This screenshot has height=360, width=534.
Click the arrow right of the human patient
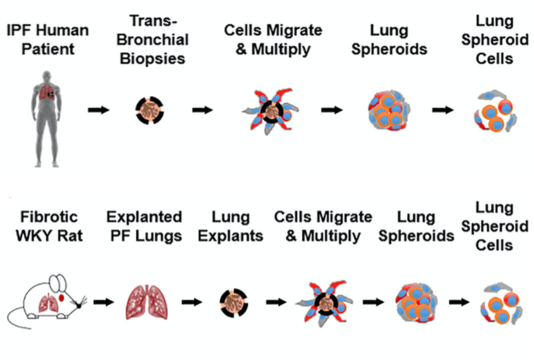point(99,109)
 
